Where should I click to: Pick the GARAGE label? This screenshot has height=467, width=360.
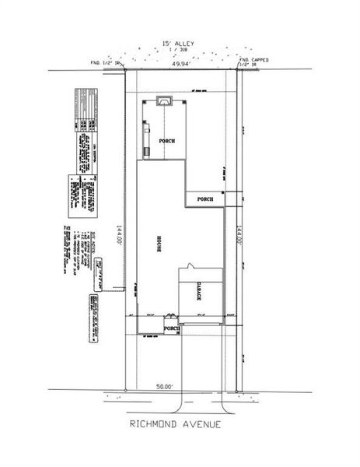pyautogui.click(x=199, y=292)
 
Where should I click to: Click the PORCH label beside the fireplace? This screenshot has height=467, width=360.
pyautogui.click(x=166, y=141)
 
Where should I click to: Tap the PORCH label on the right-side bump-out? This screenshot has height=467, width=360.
pyautogui.click(x=205, y=199)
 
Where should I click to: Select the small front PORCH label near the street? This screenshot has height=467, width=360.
pyautogui.click(x=173, y=328)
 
